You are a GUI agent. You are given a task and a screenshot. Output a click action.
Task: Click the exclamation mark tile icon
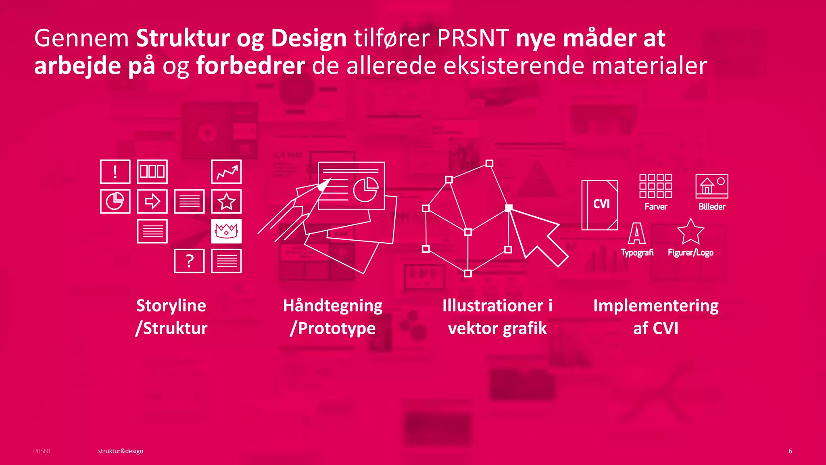pos(115,172)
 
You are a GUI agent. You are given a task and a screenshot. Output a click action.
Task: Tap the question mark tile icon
pos(189,261)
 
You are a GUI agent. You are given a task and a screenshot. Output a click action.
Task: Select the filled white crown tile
pos(226,231)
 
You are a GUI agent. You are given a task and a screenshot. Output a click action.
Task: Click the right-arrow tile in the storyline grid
pos(152,201)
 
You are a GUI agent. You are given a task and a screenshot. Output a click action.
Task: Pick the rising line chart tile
pos(226,172)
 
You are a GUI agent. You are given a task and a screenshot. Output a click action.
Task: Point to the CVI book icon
pos(600,205)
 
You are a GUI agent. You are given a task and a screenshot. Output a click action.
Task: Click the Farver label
pos(656,207)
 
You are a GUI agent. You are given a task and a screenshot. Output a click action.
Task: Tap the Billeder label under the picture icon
pos(712,207)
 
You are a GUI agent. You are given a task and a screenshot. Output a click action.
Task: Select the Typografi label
pos(637,253)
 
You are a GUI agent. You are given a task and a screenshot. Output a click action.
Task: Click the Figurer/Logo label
pos(690,253)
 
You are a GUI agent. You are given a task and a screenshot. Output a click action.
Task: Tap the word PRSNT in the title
pos(473,38)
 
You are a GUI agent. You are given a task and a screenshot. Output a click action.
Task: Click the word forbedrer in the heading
pos(250,66)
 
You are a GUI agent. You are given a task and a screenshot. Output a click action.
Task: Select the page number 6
pos(791,451)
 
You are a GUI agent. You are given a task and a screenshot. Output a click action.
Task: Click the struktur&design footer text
pos(121,451)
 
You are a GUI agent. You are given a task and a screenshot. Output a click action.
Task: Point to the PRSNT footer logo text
pos(42,451)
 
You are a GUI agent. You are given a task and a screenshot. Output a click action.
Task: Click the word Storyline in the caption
pos(171,306)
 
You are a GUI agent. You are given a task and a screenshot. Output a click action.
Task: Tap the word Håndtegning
pos(333,306)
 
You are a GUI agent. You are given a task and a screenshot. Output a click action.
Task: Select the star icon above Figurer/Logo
pos(690,232)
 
